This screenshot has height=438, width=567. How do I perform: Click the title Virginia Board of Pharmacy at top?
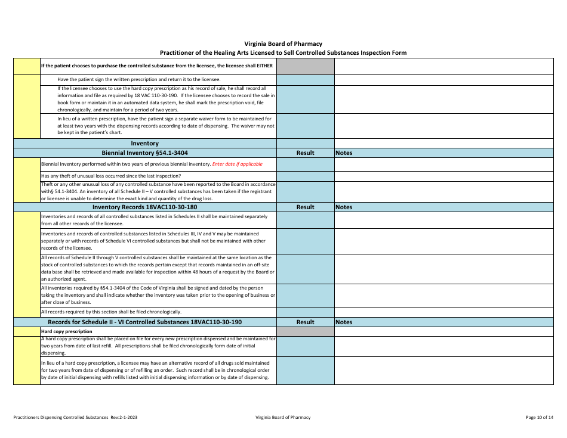pos(283,44)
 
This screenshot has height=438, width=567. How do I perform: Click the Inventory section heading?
pos(144,143)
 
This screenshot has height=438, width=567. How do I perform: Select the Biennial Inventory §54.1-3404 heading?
pos(144,153)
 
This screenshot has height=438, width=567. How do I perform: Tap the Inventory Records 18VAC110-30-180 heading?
pos(144,207)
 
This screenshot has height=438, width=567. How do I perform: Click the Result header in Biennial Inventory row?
pos(305,153)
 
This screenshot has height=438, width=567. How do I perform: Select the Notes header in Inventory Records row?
pos(344,207)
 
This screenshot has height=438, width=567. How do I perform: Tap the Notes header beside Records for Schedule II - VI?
pos(344,322)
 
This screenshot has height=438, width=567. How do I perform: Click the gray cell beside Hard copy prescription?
pos(305,331)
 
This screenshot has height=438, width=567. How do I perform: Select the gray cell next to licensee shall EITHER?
pos(305,66)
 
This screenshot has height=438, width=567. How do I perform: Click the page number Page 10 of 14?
pos(540,417)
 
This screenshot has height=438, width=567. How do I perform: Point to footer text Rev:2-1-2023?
pos(124,417)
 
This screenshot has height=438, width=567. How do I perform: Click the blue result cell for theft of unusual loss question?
pos(305,176)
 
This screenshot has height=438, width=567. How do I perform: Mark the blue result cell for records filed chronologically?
pos(305,312)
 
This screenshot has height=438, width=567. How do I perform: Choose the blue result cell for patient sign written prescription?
pos(305,79)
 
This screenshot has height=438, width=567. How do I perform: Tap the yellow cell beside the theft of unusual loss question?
pos(26,176)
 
